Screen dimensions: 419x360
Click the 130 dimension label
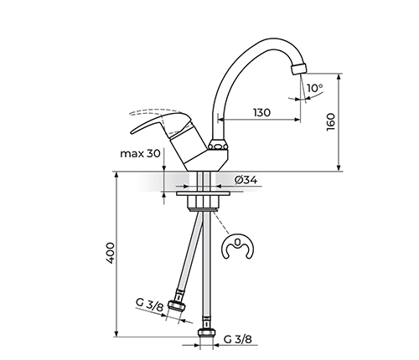261,112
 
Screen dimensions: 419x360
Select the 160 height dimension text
330,122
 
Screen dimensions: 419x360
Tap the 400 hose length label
111,253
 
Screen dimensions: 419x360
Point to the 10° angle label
315,88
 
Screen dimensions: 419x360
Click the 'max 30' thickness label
140,153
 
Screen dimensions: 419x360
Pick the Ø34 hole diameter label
246,180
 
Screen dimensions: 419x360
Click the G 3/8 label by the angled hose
149,305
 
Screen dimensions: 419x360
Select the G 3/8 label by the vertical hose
238,339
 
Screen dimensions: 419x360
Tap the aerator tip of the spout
298,69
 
